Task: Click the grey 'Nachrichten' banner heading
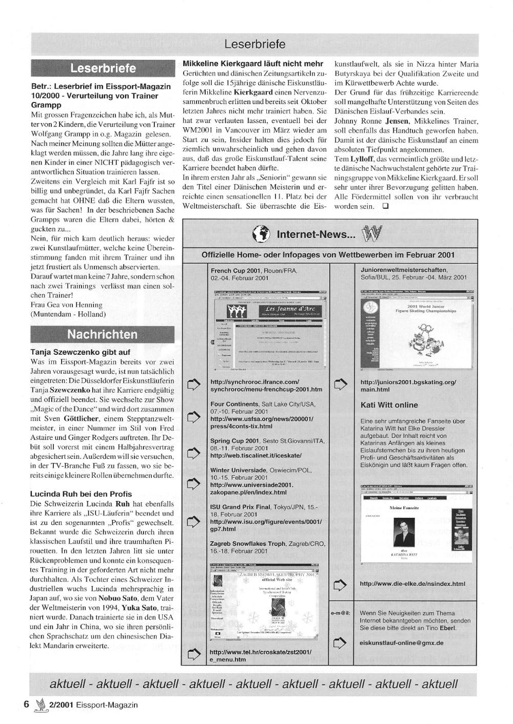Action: [x=103, y=335]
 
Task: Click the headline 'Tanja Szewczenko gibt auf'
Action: [x=81, y=352]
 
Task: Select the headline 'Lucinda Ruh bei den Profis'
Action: [x=81, y=494]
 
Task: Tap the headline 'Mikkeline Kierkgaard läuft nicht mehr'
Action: [x=253, y=64]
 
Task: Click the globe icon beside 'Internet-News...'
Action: [x=261, y=234]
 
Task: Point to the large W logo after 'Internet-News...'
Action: [x=372, y=234]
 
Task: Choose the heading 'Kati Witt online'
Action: [x=389, y=405]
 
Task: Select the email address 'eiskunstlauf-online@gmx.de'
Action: [x=402, y=642]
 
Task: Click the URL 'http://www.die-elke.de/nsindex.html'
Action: [x=412, y=584]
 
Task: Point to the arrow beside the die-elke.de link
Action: [x=340, y=584]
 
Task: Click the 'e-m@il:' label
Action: [x=341, y=613]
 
